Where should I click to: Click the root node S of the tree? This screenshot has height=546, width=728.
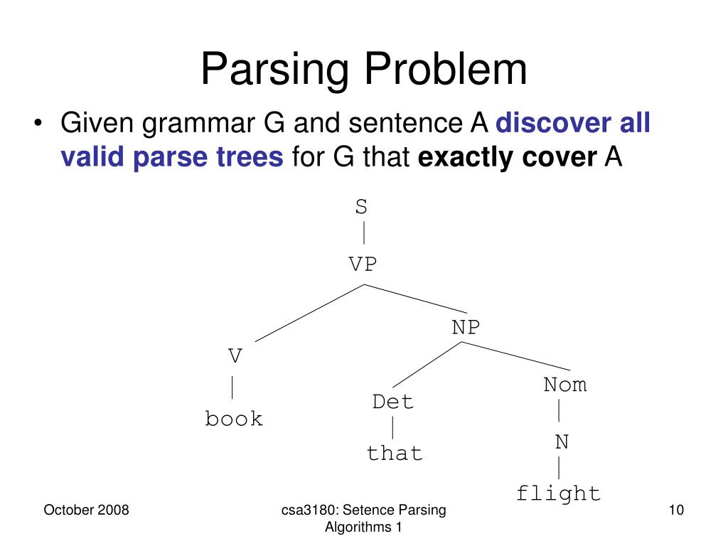click(361, 207)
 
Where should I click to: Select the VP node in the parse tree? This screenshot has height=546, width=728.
click(363, 264)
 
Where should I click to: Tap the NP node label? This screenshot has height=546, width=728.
click(466, 327)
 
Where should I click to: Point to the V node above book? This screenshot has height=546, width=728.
click(235, 356)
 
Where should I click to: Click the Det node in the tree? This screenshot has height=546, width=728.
click(392, 402)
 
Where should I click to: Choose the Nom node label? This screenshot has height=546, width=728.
click(565, 385)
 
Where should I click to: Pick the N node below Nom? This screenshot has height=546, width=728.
click(562, 441)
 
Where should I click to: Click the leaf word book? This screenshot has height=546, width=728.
click(233, 418)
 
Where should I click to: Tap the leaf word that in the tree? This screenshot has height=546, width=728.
click(394, 453)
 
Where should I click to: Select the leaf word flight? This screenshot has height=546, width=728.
click(559, 493)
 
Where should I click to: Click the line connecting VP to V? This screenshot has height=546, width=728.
click(309, 313)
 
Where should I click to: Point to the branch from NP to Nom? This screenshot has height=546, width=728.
click(515, 356)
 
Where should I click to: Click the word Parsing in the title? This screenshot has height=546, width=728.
click(274, 70)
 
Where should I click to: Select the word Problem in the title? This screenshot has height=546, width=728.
click(446, 69)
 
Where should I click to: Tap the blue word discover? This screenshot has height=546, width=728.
click(553, 123)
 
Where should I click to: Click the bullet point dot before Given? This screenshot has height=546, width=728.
click(38, 123)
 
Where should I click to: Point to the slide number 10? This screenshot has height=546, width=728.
click(676, 510)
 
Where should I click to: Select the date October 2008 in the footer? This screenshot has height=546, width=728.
click(86, 510)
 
